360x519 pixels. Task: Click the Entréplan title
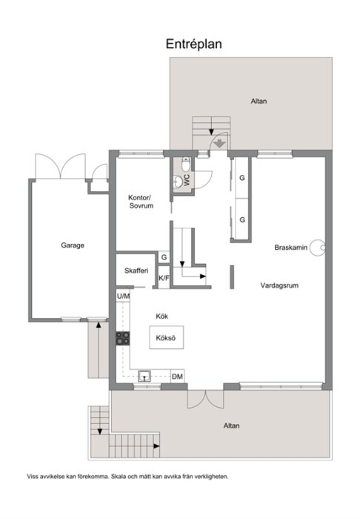[193, 44]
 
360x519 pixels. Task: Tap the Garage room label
[73, 245]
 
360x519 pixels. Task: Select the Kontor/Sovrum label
[140, 202]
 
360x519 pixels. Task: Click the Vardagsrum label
[279, 284]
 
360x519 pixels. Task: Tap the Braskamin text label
[290, 248]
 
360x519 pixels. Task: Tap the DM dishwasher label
[177, 377]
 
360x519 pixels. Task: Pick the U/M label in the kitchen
[123, 296]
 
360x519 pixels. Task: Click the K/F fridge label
[164, 278]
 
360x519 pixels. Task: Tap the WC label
[188, 179]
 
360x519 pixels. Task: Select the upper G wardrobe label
[241, 179]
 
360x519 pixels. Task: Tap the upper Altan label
[259, 101]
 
